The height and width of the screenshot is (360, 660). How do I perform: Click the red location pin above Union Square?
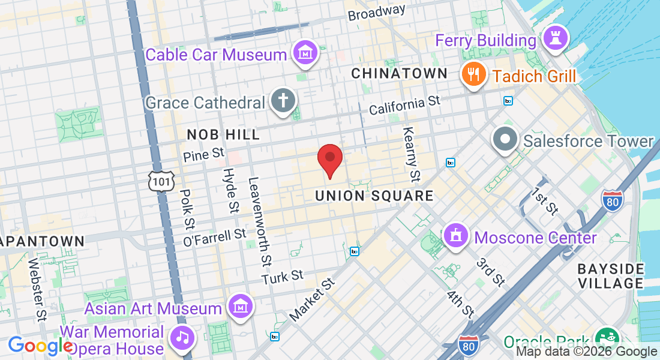(x=329, y=160)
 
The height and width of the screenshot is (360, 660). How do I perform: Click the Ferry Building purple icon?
(x=556, y=40)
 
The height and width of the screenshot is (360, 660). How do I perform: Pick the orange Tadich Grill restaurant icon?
(x=473, y=76)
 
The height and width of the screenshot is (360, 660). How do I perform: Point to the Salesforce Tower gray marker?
(x=505, y=140)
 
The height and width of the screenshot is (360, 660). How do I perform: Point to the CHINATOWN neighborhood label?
(x=399, y=73)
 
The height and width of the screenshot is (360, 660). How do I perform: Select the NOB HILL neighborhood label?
(x=223, y=134)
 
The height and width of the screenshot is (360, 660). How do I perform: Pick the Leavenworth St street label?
(x=259, y=222)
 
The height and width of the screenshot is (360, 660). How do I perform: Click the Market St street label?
(x=311, y=298)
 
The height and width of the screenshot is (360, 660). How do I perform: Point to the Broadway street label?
(x=376, y=12)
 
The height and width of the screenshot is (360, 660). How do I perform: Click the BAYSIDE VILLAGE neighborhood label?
(x=611, y=275)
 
